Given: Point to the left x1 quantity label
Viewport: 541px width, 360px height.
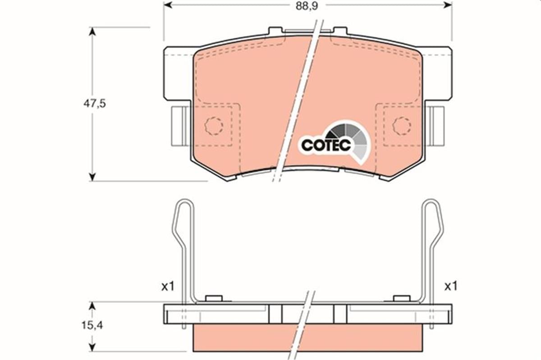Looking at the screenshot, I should tap(167, 286).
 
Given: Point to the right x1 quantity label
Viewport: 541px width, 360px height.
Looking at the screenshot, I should tap(451, 286).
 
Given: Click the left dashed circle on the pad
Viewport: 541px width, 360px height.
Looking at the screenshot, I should tap(214, 125).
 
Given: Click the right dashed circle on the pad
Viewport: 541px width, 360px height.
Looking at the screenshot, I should tap(401, 125).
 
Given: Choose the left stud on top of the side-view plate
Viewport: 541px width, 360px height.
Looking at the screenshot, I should tap(214, 299).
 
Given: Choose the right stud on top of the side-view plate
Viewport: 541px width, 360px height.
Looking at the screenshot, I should tap(402, 299).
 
